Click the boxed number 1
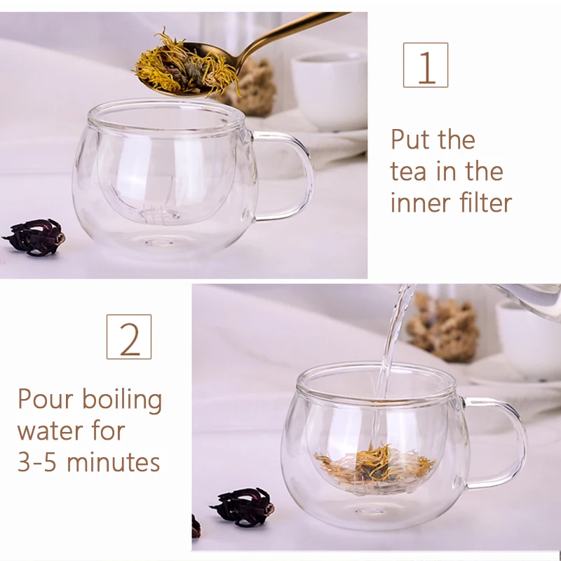[x=426, y=65]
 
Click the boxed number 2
[x=129, y=337]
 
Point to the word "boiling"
[x=122, y=400]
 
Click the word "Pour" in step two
[x=46, y=399]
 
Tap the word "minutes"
[x=113, y=462]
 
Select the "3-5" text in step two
[x=37, y=462]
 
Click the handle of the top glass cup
[x=289, y=175]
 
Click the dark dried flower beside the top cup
[x=35, y=237]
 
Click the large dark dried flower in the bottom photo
[x=243, y=506]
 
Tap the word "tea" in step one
[x=408, y=172]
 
